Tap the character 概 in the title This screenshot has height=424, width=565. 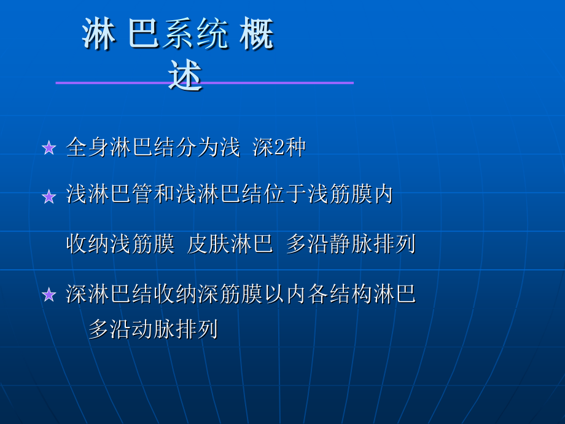(x=256, y=35)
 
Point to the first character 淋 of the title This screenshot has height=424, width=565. (x=98, y=35)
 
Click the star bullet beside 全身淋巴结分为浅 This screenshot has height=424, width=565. (x=49, y=148)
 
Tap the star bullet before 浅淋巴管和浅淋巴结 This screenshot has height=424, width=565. (x=49, y=197)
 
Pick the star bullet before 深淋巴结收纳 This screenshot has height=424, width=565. (x=49, y=295)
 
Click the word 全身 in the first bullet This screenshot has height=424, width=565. (x=87, y=147)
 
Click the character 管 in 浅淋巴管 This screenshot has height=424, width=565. (x=142, y=195)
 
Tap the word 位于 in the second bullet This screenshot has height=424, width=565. (x=296, y=195)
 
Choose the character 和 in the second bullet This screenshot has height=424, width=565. (x=165, y=195)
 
